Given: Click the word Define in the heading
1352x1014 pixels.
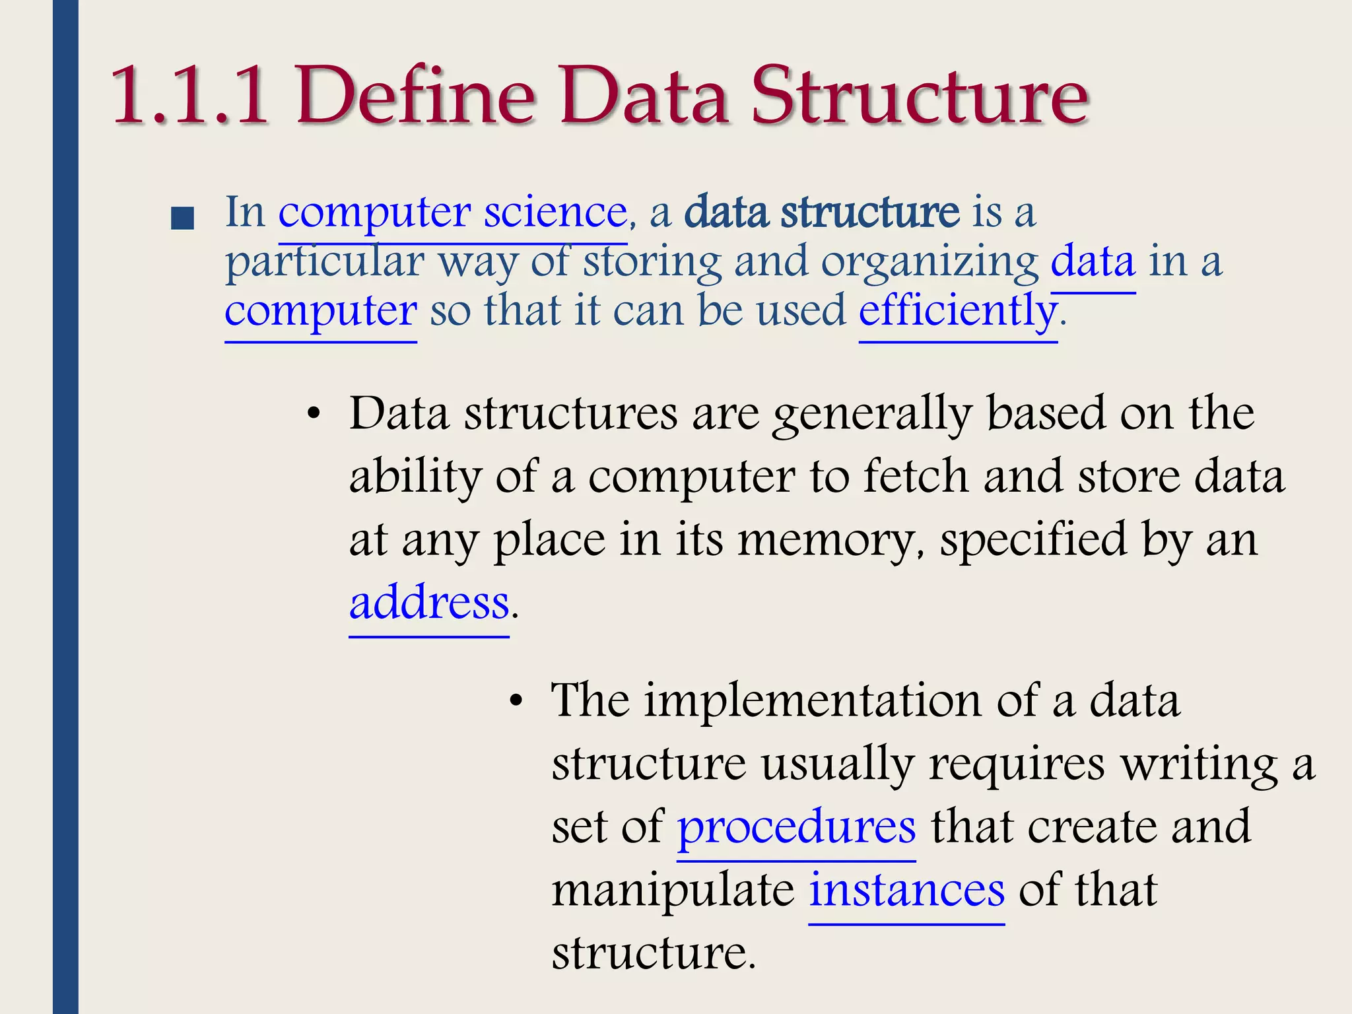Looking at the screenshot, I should tap(416, 96).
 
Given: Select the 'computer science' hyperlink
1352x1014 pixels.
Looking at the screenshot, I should tap(452, 213).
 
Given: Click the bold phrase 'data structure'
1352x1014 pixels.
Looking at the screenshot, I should tap(822, 213).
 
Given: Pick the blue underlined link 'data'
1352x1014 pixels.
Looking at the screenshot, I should tap(1093, 262).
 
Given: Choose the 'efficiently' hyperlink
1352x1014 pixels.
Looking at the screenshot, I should tap(957, 311).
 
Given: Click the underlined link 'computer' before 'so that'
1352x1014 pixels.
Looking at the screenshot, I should tap(321, 311).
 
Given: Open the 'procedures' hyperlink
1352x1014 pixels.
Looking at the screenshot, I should tap(796, 827).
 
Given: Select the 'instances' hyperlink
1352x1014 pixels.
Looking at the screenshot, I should tap(907, 890).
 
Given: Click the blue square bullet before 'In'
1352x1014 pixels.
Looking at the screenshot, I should tap(182, 219).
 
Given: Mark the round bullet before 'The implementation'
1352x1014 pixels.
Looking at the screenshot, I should tap(516, 702).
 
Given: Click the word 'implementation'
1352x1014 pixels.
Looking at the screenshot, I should tap(812, 700).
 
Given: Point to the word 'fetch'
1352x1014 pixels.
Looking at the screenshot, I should tap(916, 476).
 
